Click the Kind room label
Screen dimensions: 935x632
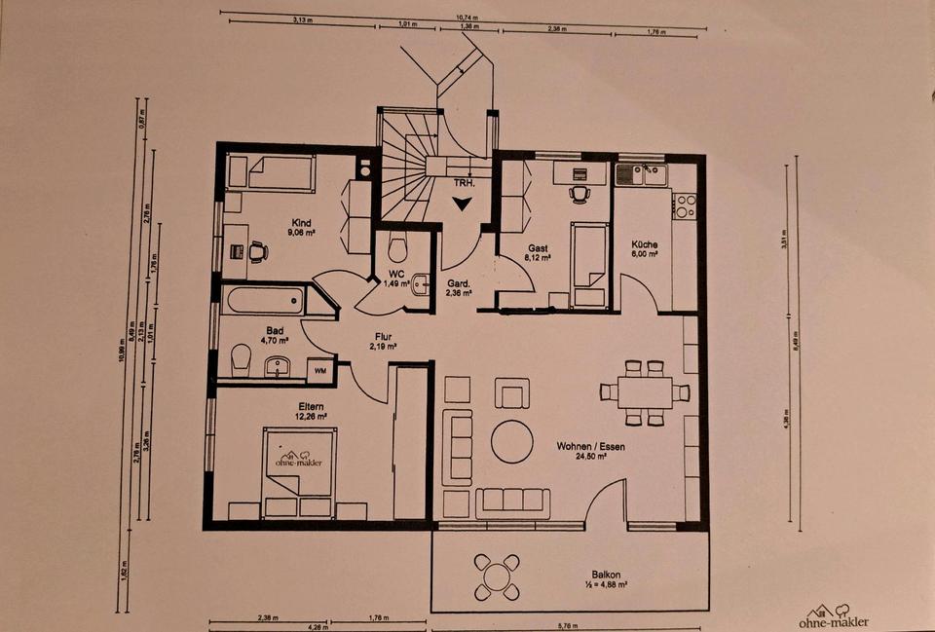point(300,223)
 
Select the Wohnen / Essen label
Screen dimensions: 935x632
point(590,447)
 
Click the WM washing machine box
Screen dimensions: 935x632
point(318,371)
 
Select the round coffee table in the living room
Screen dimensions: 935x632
point(511,441)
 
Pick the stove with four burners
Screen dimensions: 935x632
point(686,206)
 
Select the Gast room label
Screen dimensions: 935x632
point(539,248)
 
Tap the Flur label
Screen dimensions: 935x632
point(382,337)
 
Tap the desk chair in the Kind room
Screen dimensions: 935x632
point(257,251)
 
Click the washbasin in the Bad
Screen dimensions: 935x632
point(278,367)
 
